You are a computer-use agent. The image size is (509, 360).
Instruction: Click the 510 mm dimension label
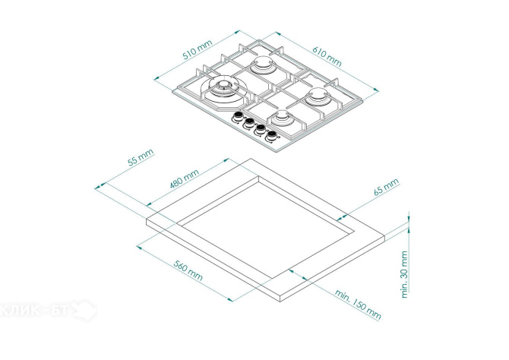pos(198,49)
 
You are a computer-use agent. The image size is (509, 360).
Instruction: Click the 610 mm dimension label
pos(327,56)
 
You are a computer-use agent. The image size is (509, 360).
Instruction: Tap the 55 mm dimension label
pos(141,157)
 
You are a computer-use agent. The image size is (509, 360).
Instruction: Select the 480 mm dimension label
pos(185,179)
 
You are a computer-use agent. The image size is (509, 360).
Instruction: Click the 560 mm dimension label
pos(188,270)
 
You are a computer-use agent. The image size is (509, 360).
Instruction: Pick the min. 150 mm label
pos(358,304)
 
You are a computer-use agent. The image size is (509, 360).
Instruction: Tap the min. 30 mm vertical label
pos(404,274)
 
